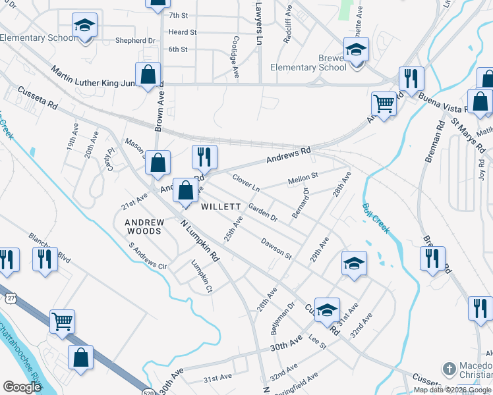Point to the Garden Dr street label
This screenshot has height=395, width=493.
point(263,212)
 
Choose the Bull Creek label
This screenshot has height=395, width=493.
point(376,219)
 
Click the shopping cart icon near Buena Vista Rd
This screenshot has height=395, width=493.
point(384,103)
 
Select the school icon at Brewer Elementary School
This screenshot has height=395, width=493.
point(356,49)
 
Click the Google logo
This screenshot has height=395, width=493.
point(22,387)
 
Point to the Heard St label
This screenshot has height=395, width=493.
point(183,32)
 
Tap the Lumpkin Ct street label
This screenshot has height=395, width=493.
point(201,276)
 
